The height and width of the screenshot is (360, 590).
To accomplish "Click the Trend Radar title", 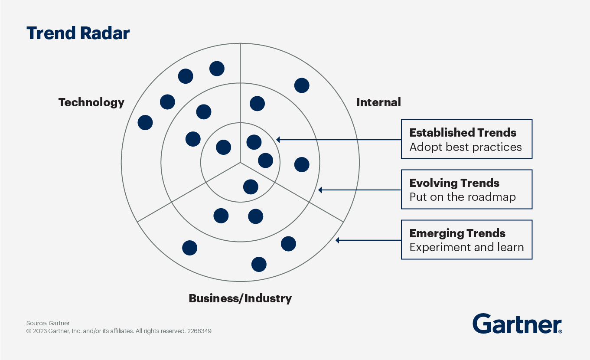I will click(78, 33).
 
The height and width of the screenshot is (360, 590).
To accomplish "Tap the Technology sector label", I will click(91, 102).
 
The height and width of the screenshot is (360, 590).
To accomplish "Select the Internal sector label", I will click(378, 102).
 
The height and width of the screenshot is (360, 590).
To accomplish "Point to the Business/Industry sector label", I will click(240, 298).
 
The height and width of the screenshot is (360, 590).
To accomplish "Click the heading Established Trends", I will click(463, 133).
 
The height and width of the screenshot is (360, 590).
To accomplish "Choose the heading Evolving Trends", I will click(454, 183).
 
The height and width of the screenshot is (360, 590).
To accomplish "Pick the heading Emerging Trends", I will click(457, 233).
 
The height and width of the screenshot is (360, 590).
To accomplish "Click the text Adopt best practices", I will click(466, 147).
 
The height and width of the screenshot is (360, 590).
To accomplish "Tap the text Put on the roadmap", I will click(463, 197).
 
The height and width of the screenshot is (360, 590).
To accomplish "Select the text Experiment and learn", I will click(466, 248).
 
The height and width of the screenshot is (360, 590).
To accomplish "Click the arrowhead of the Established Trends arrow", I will click(278, 140).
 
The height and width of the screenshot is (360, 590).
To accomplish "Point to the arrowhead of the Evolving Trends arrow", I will click(320, 190).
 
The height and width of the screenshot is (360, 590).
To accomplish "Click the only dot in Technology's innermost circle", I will click(223, 147).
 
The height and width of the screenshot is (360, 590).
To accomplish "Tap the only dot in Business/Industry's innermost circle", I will click(251, 187).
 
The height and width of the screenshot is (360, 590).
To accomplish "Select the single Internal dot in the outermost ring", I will click(302, 85).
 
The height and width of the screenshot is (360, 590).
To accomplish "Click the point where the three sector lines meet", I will click(240, 163).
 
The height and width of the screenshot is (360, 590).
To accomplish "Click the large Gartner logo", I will click(517, 324).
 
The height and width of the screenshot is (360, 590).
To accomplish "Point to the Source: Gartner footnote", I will click(48, 323).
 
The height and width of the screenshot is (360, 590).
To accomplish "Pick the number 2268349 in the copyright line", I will click(199, 331).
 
